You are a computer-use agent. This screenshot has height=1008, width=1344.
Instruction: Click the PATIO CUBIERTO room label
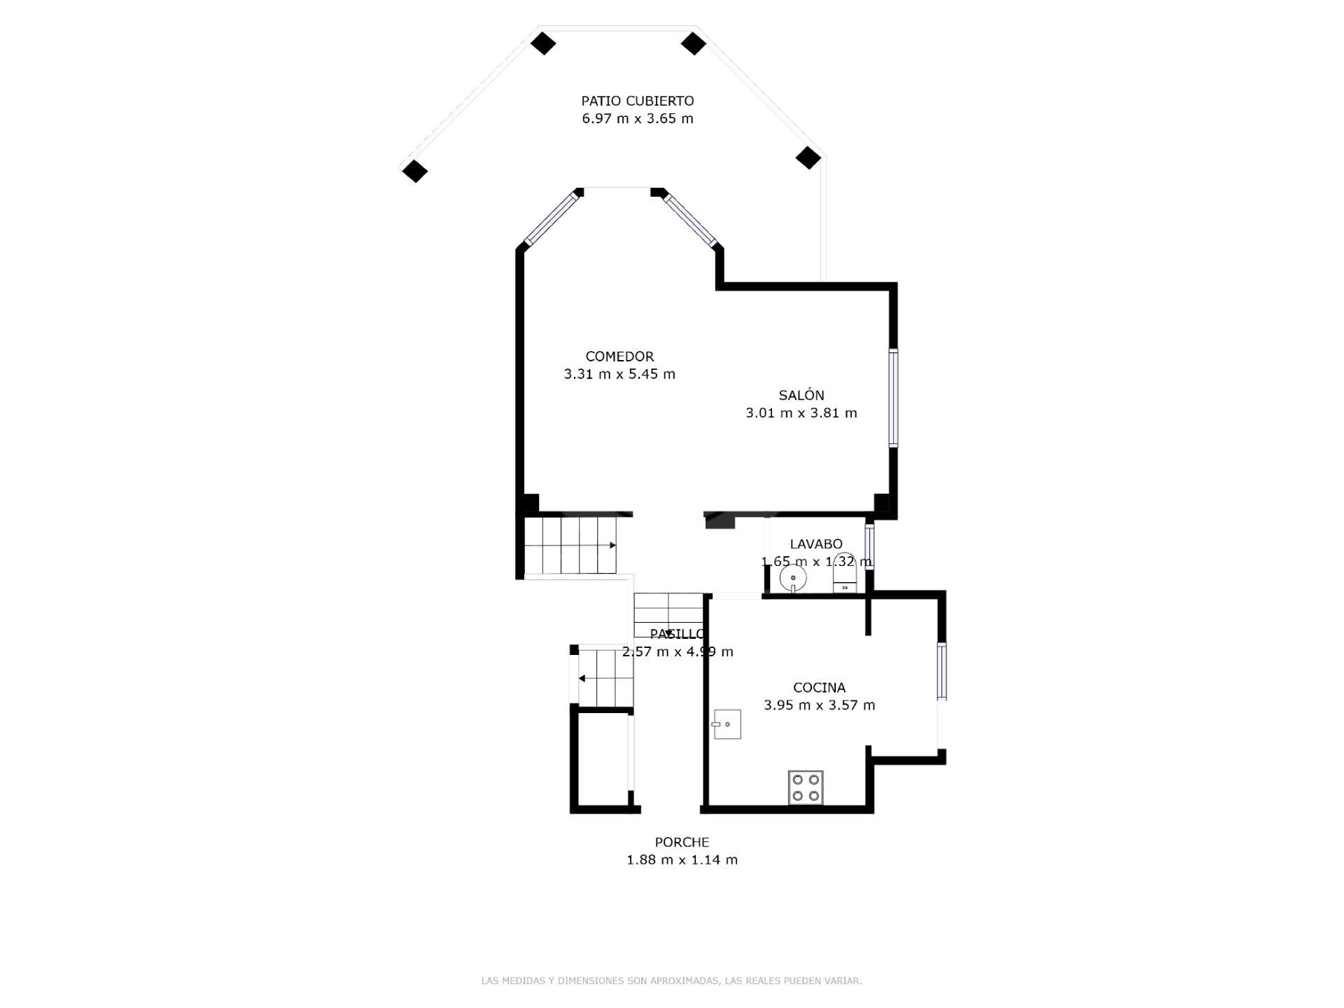tap(638, 101)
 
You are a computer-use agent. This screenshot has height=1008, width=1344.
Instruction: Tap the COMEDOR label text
tap(619, 357)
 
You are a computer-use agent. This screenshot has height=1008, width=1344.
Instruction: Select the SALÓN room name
tap(801, 395)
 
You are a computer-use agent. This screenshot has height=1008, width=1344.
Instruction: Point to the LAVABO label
tap(816, 544)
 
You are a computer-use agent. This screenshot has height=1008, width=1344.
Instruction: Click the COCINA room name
tap(819, 688)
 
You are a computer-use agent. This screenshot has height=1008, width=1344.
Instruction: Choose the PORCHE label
tap(682, 842)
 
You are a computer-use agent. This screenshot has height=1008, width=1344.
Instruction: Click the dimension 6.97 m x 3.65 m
tap(638, 118)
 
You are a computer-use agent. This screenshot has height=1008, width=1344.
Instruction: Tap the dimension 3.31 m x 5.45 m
tap(619, 374)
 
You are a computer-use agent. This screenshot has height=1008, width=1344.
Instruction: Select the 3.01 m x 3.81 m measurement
tap(801, 413)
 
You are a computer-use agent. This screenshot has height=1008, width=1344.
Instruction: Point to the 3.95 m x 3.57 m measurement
tap(819, 705)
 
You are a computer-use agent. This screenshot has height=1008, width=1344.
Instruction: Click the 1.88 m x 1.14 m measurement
tap(682, 859)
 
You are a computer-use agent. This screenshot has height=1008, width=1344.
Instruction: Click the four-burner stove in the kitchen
tap(806, 787)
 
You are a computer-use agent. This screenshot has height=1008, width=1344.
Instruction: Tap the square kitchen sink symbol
tap(727, 724)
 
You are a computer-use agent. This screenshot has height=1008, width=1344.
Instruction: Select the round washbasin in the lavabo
tap(793, 579)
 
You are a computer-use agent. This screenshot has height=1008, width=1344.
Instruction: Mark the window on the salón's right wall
tap(894, 397)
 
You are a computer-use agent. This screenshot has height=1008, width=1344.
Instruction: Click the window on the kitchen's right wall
tap(942, 671)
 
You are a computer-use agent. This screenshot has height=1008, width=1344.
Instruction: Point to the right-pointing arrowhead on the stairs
tap(612, 545)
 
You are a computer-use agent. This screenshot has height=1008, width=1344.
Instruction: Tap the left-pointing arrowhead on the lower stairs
tap(582, 678)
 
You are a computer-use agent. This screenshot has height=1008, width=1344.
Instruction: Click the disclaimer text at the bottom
tap(671, 981)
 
